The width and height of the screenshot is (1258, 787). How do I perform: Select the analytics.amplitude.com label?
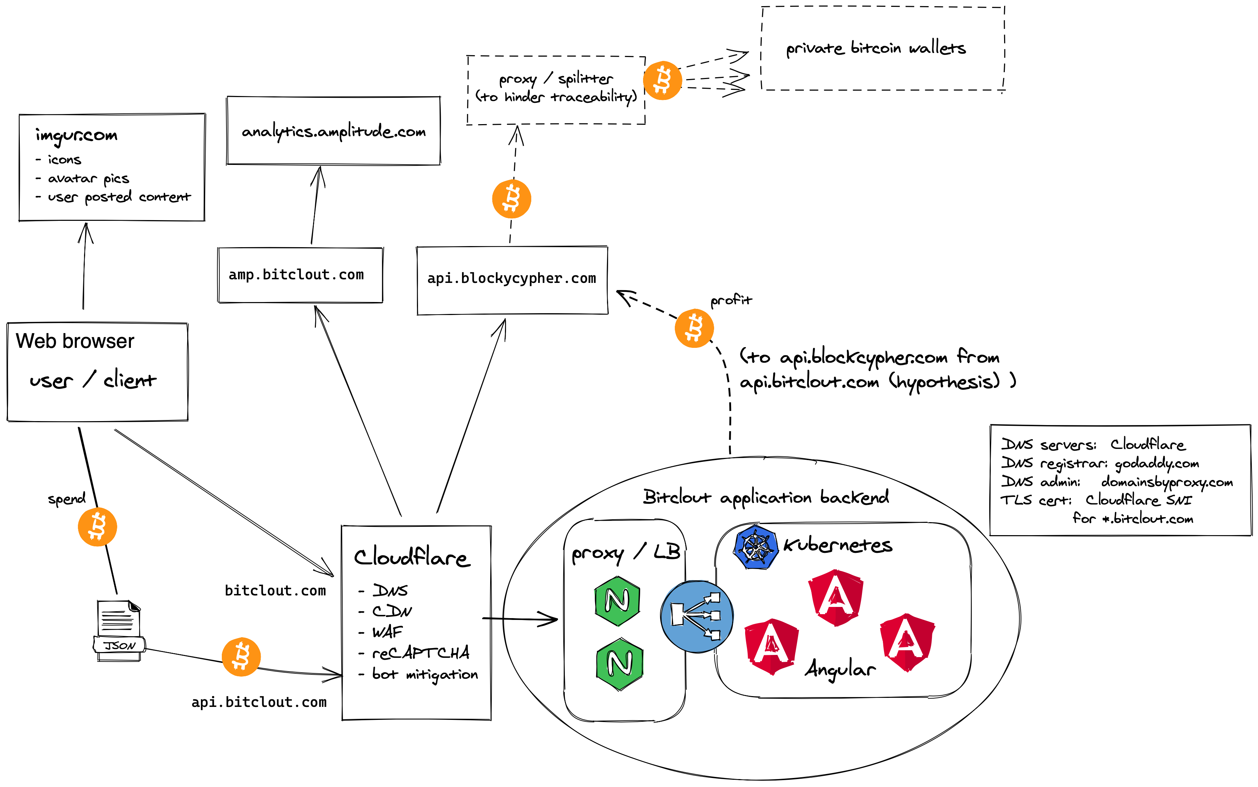(334, 132)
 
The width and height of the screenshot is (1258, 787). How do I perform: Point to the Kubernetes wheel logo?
(756, 547)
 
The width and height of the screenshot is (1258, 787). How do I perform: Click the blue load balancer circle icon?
(697, 617)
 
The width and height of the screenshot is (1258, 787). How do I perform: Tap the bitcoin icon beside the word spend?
(97, 527)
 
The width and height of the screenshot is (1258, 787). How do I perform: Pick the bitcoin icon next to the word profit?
(694, 328)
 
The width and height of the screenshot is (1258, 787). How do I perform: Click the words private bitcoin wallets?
(876, 48)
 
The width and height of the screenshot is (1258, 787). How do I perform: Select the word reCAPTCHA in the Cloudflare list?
(421, 653)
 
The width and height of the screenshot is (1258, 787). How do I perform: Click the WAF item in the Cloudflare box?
(388, 632)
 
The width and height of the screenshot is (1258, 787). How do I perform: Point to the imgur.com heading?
(76, 135)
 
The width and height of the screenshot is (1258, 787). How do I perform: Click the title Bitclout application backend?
(766, 497)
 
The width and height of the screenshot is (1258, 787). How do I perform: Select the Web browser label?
(75, 341)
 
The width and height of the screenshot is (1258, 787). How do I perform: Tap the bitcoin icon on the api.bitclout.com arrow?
(241, 657)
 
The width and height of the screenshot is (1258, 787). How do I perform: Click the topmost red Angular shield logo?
(836, 597)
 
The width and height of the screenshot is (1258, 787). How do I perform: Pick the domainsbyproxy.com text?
(1167, 482)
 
